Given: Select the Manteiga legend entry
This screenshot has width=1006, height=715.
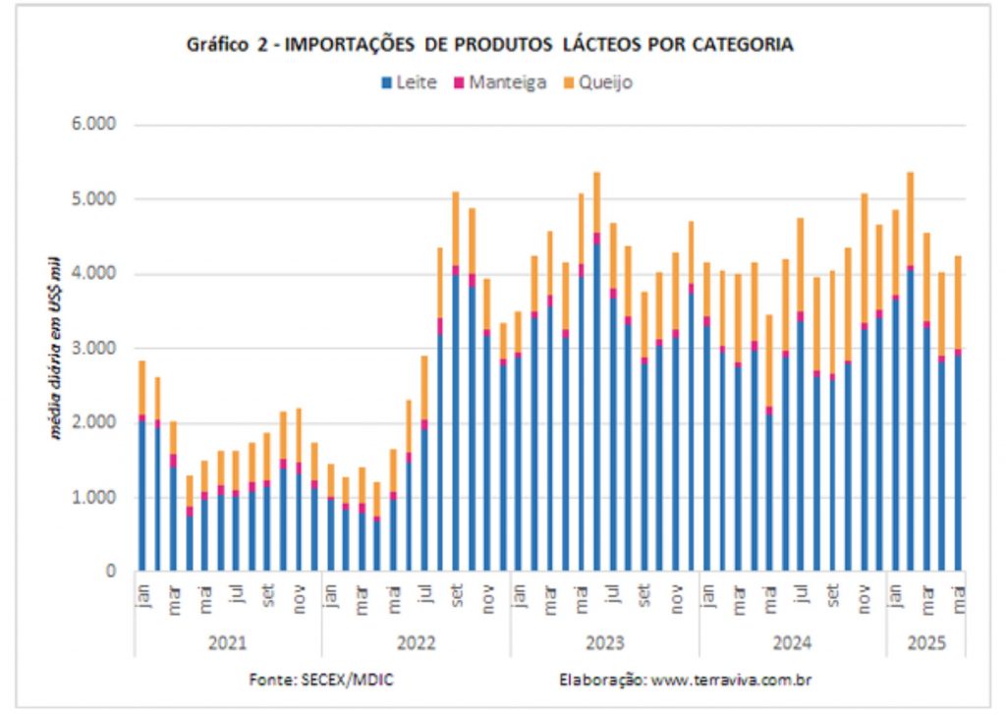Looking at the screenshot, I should (501, 82).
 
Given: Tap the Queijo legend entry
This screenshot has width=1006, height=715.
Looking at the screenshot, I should (598, 82).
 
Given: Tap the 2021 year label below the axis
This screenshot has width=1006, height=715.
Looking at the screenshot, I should (228, 643).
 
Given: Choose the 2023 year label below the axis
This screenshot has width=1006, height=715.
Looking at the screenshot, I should (604, 643).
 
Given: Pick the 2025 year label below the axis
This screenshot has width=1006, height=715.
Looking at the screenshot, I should (924, 643).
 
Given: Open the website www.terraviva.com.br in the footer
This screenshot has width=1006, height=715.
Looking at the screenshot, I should (728, 680).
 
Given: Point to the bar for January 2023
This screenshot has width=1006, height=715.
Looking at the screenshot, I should (519, 442).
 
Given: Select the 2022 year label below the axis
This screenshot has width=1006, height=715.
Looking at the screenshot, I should (417, 643).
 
